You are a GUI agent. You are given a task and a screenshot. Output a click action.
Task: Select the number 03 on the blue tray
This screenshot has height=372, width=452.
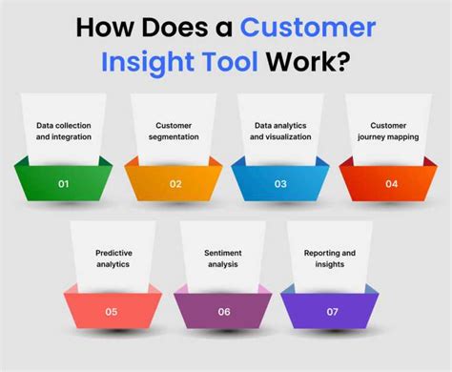[x=279, y=184]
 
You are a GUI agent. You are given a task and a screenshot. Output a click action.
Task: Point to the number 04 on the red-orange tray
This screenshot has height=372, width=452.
[x=391, y=184]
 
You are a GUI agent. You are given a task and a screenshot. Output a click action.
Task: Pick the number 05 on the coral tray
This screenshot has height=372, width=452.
[x=112, y=311]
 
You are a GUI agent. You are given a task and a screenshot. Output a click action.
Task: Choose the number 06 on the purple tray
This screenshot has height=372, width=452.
[x=224, y=311]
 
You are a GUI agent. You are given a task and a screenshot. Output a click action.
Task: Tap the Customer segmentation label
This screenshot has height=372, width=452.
[x=175, y=131]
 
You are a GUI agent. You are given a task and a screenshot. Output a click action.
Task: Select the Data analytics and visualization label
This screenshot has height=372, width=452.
[x=281, y=131]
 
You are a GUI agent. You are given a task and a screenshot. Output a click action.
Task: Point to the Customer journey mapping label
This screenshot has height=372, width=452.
[x=390, y=131]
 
